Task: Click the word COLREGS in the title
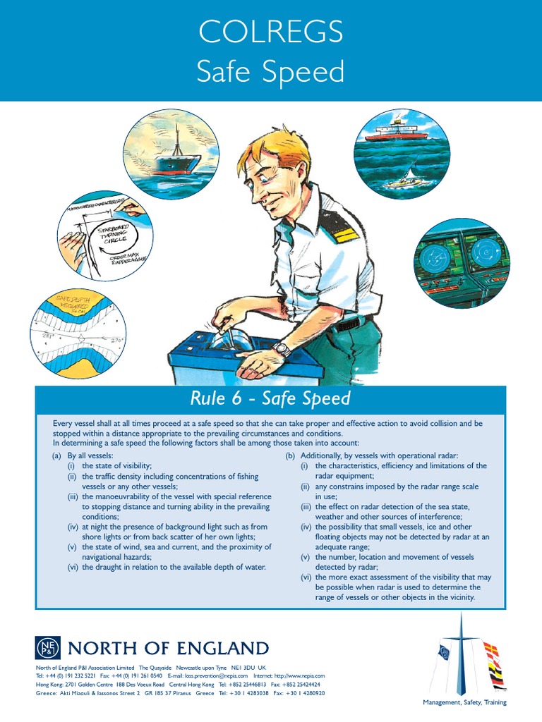click(271, 32)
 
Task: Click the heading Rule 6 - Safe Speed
click(270, 398)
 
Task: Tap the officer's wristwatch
click(282, 349)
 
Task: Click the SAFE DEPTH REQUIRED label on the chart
click(71, 307)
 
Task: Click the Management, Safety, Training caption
click(464, 702)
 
